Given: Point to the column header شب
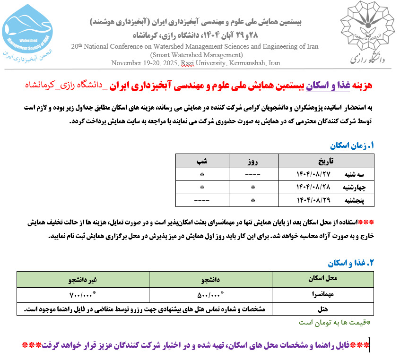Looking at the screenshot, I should click(x=202, y=161).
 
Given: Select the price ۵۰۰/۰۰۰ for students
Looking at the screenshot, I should click(x=210, y=296).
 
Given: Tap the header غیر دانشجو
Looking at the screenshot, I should click(x=83, y=280).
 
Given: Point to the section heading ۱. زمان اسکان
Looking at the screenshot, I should click(x=354, y=146).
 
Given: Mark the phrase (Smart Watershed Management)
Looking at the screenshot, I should click(x=195, y=55).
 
